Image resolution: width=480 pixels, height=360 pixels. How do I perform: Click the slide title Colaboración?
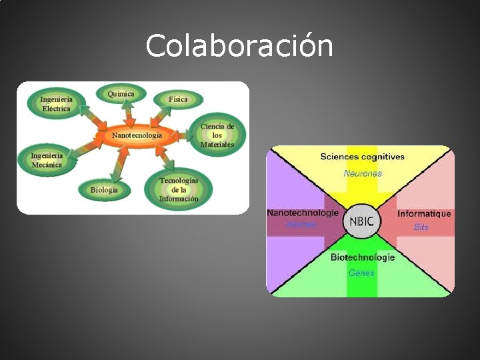[239, 47]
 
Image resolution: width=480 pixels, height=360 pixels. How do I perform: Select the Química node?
[121, 94]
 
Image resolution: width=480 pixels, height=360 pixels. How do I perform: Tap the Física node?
[177, 99]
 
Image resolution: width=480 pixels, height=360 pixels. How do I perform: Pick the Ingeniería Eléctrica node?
[56, 104]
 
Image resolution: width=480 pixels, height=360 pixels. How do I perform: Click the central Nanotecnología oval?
[137, 135]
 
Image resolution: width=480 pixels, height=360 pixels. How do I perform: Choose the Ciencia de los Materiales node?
[217, 135]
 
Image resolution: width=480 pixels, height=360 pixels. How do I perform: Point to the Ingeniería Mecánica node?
[47, 160]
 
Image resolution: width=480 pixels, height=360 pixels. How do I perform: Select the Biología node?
[104, 189]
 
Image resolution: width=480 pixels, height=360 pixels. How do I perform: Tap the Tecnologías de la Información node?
[179, 189]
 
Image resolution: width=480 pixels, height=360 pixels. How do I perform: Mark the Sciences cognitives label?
[362, 157]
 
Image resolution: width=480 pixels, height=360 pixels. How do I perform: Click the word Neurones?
[363, 173]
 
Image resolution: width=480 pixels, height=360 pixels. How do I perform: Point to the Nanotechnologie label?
[303, 213]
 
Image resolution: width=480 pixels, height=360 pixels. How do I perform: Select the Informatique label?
[424, 214]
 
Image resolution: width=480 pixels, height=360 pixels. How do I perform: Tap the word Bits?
[421, 227]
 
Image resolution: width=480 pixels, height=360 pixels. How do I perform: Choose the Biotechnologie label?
[363, 257]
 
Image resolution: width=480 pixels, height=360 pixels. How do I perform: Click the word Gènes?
[361, 273]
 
